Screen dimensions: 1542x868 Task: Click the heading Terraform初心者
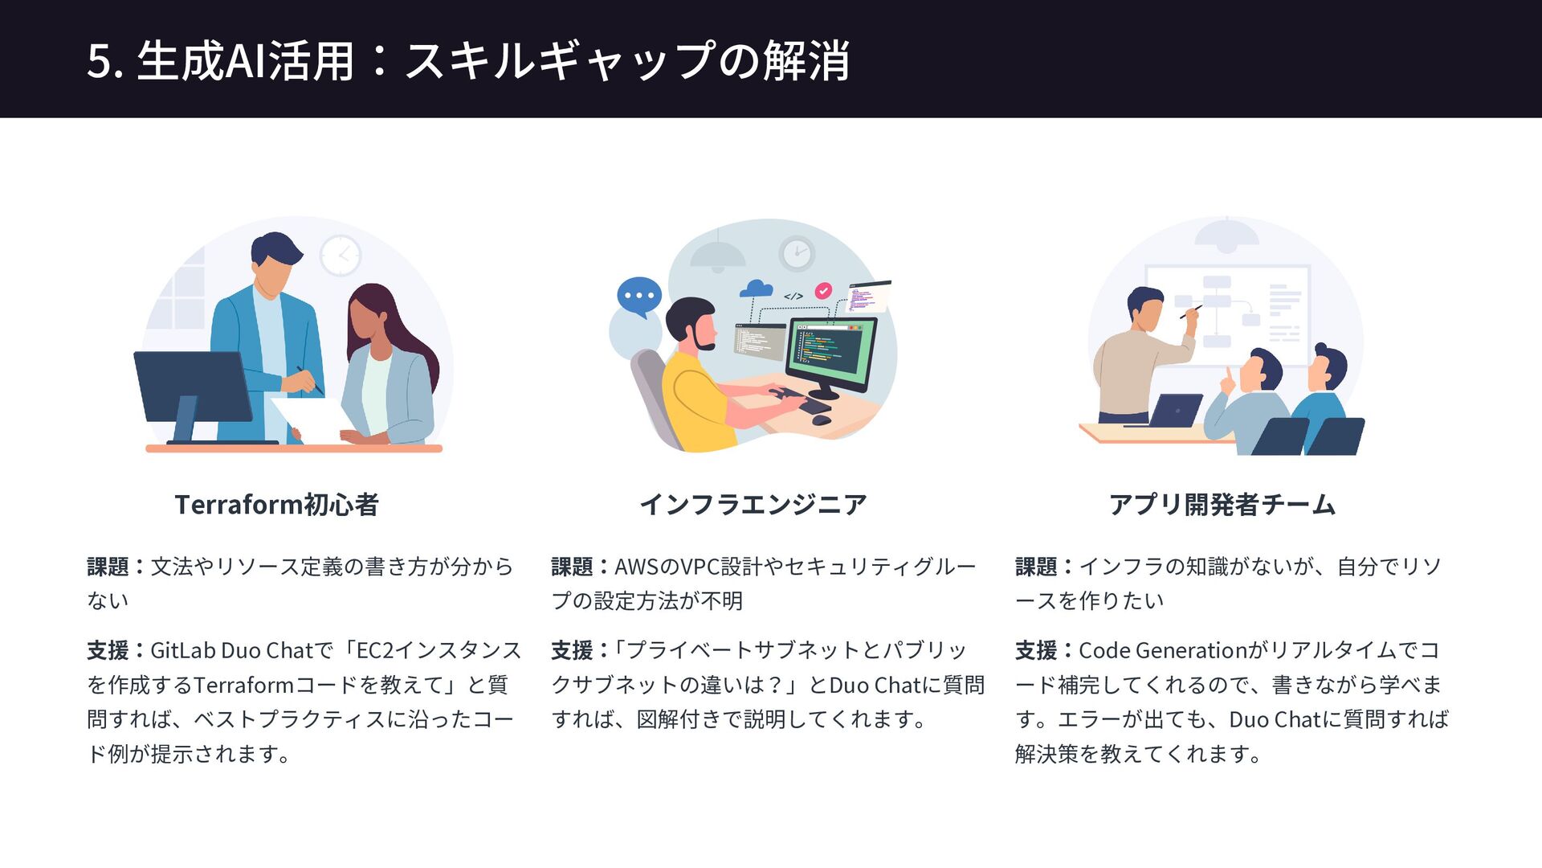pos(276,505)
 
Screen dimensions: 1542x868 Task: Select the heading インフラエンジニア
pos(753,505)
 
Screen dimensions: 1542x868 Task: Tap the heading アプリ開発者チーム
pos(1222,505)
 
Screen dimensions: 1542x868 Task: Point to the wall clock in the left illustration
pos(341,256)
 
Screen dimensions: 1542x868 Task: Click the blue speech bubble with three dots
pos(639,296)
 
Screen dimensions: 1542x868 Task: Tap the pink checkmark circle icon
pos(823,291)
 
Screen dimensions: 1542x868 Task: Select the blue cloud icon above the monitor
pos(756,289)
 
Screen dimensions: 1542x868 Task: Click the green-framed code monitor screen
pos(830,353)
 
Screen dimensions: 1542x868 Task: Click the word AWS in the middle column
pos(636,567)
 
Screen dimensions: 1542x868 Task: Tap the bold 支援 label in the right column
pos(1036,650)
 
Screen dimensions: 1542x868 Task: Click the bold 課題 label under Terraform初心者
pos(108,567)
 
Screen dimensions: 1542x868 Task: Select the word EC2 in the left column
pos(374,650)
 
